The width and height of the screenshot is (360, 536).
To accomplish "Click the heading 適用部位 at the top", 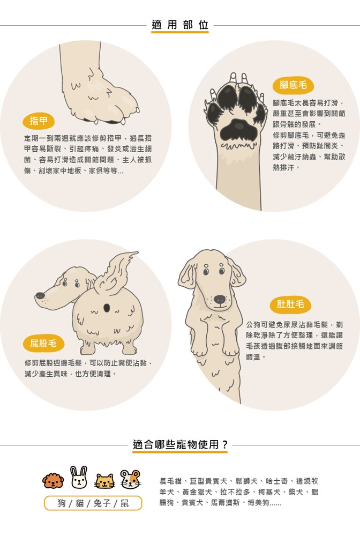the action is point(179,25).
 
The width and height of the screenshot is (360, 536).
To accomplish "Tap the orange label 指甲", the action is point(39,121).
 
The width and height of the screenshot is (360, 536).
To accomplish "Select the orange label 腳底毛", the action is point(293,85).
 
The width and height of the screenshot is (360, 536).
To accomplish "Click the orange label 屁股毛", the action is point(43,343).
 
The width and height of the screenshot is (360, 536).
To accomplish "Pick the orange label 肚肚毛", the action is point(290,304).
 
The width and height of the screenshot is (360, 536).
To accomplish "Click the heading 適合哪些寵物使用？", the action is point(180,444).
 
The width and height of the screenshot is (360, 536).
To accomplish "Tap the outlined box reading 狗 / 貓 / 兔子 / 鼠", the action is point(93,503).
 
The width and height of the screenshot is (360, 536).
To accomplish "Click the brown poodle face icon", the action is point(53,481).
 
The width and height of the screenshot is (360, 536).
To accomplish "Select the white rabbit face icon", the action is point(79,477).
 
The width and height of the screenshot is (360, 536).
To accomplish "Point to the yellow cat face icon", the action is point(105,481).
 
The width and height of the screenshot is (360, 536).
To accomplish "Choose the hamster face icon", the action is point(131,479).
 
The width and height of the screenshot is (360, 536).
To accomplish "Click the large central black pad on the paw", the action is point(238,130).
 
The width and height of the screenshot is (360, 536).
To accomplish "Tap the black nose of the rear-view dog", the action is point(40,295).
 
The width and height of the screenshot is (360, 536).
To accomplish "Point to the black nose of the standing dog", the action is point(219,300).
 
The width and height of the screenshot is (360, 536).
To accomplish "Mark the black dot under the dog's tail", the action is point(107,308).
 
